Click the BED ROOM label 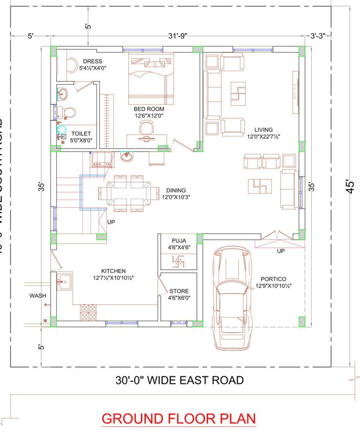pyautogui.click(x=149, y=109)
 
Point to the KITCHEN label pyautogui.click(x=113, y=271)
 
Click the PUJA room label pyautogui.click(x=179, y=240)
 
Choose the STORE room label pyautogui.click(x=179, y=291)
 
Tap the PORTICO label pyautogui.click(x=272, y=279)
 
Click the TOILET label pyautogui.click(x=81, y=133)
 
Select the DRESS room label pyautogui.click(x=92, y=61)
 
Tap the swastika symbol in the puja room pyautogui.click(x=179, y=261)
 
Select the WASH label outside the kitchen pyautogui.click(x=38, y=296)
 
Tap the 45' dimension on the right pyautogui.click(x=350, y=189)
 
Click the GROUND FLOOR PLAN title pyautogui.click(x=178, y=418)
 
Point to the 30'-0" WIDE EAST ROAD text pyautogui.click(x=179, y=381)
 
